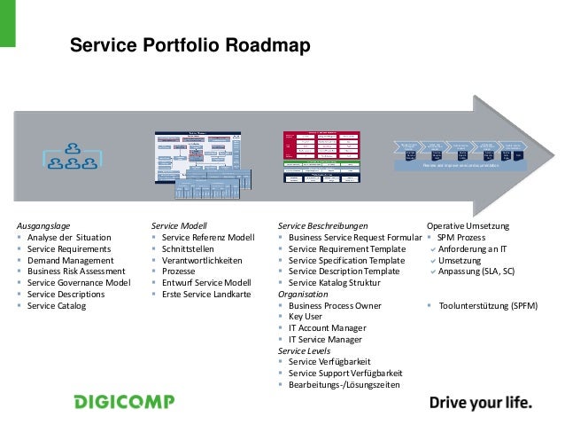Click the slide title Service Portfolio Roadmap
(190, 45)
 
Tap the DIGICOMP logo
(123, 402)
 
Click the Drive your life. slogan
(481, 403)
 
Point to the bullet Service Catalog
(57, 306)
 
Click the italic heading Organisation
(303, 294)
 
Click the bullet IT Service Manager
(325, 340)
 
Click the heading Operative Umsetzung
(468, 225)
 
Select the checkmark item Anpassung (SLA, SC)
(476, 272)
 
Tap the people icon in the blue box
(74, 155)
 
